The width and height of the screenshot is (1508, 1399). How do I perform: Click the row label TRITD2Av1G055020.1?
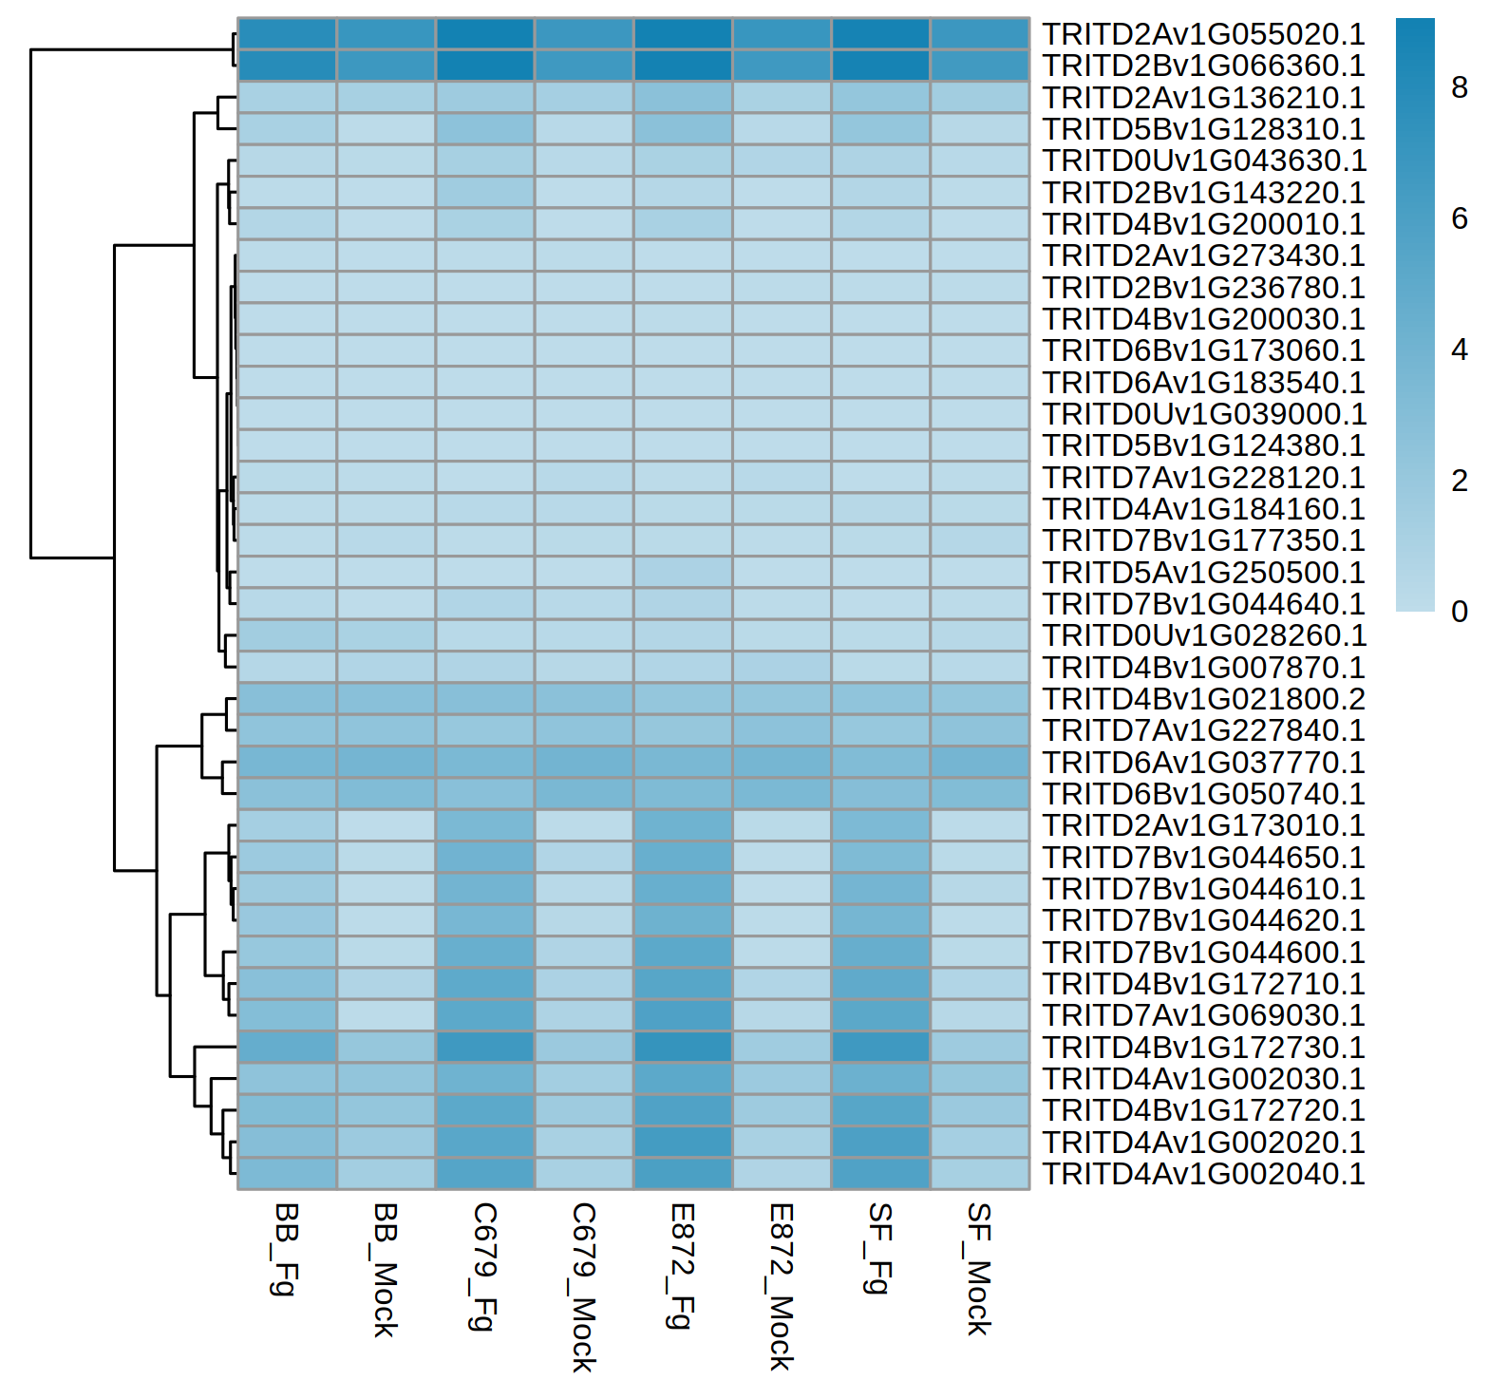(1203, 34)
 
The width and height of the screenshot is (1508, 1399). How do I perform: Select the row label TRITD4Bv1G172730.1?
(1203, 1048)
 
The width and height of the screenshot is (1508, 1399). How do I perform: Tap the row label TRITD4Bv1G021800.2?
(1203, 699)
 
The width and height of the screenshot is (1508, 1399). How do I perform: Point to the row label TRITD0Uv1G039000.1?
(1203, 414)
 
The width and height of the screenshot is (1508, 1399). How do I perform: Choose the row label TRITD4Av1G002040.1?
(1203, 1174)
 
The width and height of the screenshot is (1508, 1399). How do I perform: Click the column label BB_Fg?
(286, 1249)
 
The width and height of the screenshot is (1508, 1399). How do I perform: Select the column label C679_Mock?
(583, 1287)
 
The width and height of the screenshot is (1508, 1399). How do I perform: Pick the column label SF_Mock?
(979, 1269)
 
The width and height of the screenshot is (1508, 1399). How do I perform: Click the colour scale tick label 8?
(1460, 87)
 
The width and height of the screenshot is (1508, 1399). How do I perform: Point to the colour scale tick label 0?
(1460, 612)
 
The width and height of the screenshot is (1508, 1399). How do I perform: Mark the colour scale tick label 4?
(1460, 350)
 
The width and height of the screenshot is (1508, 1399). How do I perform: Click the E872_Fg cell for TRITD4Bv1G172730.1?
(683, 1047)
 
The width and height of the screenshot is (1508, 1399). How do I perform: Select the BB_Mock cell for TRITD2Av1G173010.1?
(386, 825)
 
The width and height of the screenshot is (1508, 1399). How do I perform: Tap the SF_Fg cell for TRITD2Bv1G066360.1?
(880, 66)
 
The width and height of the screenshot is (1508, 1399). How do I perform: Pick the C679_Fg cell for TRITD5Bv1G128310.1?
(485, 128)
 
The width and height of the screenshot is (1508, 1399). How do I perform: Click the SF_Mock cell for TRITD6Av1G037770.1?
(979, 762)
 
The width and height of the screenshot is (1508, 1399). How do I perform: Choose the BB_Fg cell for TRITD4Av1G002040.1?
(288, 1173)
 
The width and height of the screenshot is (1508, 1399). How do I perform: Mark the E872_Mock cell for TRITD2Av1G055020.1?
(782, 34)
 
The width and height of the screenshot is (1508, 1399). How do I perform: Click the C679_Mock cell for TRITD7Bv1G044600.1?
(584, 952)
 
